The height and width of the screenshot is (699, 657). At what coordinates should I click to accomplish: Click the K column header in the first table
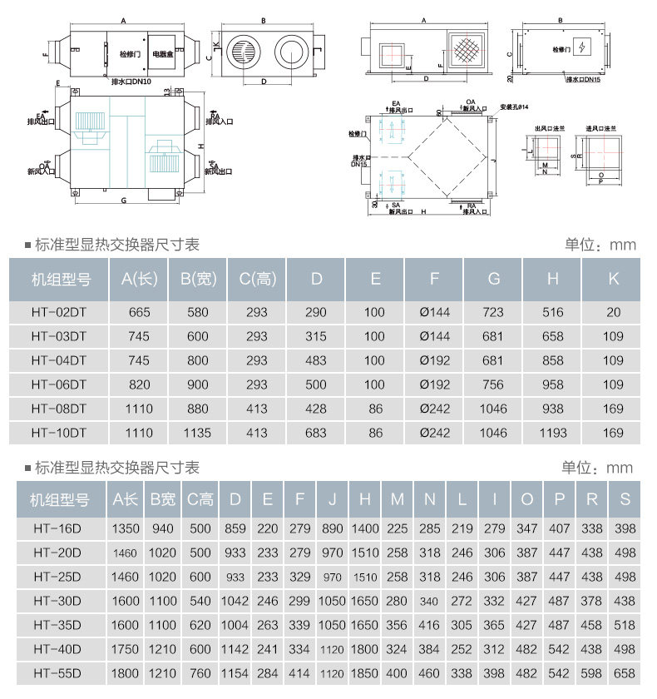tap(613, 280)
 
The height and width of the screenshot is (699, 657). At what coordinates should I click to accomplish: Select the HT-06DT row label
tap(59, 384)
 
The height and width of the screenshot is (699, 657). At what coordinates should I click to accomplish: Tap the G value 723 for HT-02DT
tap(494, 312)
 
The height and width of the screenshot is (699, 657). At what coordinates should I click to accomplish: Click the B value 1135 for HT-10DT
tap(197, 433)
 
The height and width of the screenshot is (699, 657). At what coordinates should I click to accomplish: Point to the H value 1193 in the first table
tap(553, 433)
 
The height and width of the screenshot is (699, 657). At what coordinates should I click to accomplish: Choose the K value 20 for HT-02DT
tap(613, 312)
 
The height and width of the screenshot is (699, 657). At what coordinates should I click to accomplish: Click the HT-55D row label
tap(57, 672)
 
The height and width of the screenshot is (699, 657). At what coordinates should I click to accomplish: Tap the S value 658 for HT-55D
tap(625, 672)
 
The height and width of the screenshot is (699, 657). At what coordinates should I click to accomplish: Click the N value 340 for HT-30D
tap(430, 600)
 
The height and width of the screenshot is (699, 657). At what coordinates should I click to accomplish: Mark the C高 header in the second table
tap(200, 499)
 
